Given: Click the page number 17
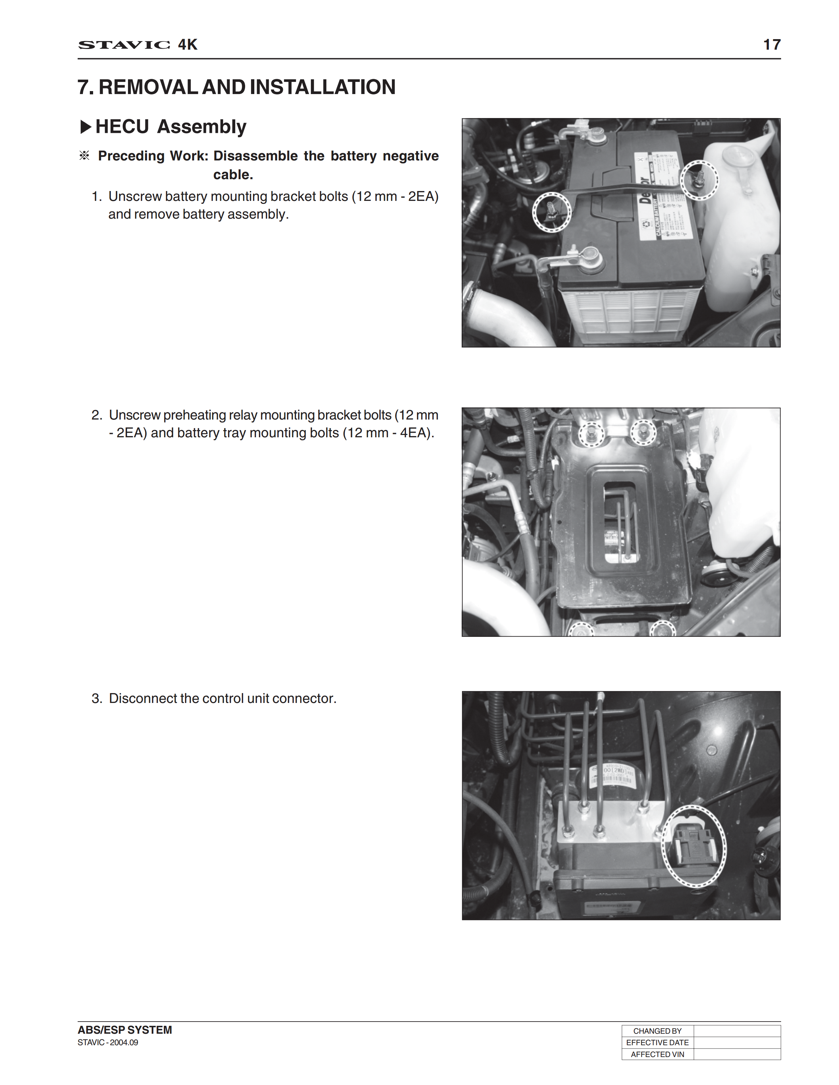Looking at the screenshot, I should (x=772, y=45).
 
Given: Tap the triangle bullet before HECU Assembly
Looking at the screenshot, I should (x=86, y=127).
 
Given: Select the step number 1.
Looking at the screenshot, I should (x=96, y=197).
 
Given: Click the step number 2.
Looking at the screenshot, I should (x=96, y=415).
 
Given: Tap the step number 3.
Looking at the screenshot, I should (x=96, y=698).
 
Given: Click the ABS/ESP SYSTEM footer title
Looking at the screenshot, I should (x=125, y=1030).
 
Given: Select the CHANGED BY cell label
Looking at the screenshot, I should (x=657, y=1031).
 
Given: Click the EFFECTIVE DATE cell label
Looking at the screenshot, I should (x=657, y=1042).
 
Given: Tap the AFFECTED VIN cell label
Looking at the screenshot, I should (x=657, y=1054).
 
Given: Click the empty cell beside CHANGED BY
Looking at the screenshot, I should (x=737, y=1031).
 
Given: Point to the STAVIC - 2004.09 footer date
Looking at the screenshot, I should (x=108, y=1042).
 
